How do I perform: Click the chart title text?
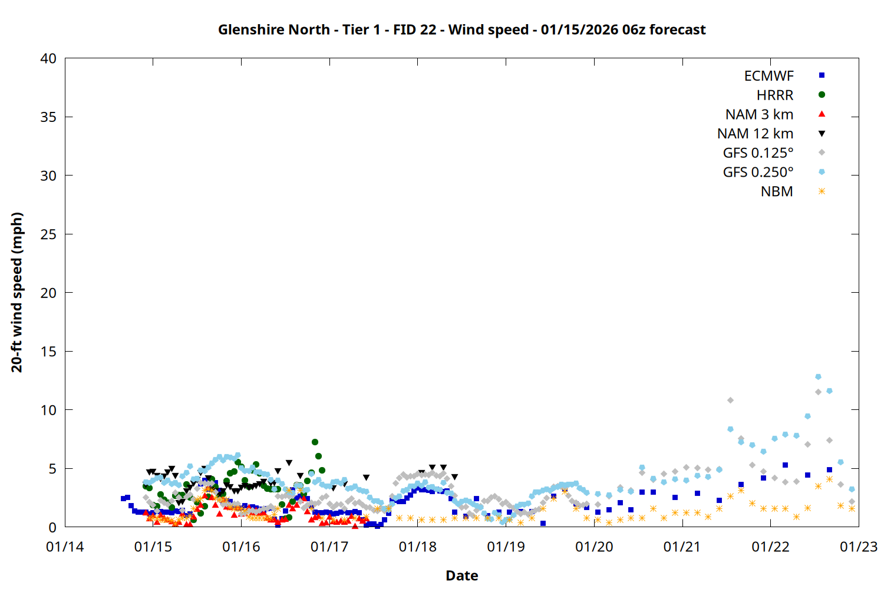[x=461, y=29]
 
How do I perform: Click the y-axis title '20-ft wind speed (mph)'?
[x=17, y=292]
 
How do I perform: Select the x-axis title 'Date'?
[x=461, y=575]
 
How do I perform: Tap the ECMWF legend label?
[x=768, y=76]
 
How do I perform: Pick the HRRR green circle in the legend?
[x=822, y=95]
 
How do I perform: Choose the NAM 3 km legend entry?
[x=759, y=114]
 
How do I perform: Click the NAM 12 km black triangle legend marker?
[x=822, y=134]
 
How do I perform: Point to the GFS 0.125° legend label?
[x=758, y=153]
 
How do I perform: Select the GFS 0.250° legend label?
[x=758, y=173]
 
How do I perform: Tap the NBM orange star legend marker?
[x=822, y=191]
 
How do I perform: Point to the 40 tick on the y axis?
[x=48, y=58]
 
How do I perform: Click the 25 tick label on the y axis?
[x=48, y=234]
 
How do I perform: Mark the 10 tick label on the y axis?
[x=48, y=410]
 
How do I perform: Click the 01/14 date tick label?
[x=65, y=547]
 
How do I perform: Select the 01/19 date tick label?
[x=506, y=547]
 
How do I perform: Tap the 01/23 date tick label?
[x=858, y=547]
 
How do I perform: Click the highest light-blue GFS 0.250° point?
[x=818, y=376]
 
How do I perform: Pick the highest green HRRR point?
[x=315, y=442]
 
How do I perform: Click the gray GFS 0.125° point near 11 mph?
[x=730, y=400]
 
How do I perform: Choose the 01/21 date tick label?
[x=682, y=547]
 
